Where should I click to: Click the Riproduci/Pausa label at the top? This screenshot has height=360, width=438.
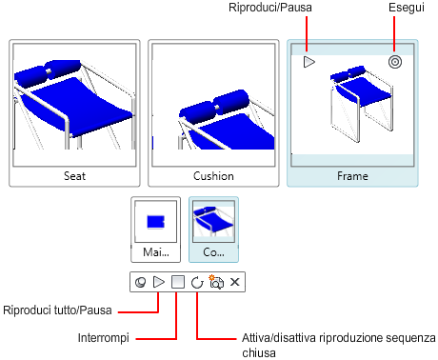click(270, 8)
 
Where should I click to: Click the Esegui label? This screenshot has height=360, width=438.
click(407, 8)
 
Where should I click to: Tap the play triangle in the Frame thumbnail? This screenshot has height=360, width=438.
click(309, 62)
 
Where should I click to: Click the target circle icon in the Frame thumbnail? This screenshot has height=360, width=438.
click(395, 62)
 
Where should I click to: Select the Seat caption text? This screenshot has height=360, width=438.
click(74, 176)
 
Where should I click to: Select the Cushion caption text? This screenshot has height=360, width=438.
click(213, 176)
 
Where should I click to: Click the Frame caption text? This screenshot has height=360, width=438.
click(352, 176)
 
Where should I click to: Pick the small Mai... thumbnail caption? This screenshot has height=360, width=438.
click(156, 252)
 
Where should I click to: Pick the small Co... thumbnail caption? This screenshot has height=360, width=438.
click(213, 252)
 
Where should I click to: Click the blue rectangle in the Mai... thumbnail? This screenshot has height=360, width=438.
click(155, 222)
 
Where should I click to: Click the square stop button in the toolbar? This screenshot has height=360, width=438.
click(178, 282)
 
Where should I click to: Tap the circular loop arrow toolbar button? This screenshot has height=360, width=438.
click(197, 282)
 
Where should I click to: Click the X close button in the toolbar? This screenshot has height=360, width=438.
click(235, 282)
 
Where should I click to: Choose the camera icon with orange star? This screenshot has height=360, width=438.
click(216, 282)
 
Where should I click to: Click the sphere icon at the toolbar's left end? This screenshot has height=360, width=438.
click(140, 282)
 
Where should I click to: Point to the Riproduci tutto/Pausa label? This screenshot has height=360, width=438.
click(57, 310)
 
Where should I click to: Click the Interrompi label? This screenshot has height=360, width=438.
click(104, 337)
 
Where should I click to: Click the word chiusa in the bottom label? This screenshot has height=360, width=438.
click(259, 352)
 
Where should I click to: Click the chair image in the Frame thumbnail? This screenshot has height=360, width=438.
click(361, 104)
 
